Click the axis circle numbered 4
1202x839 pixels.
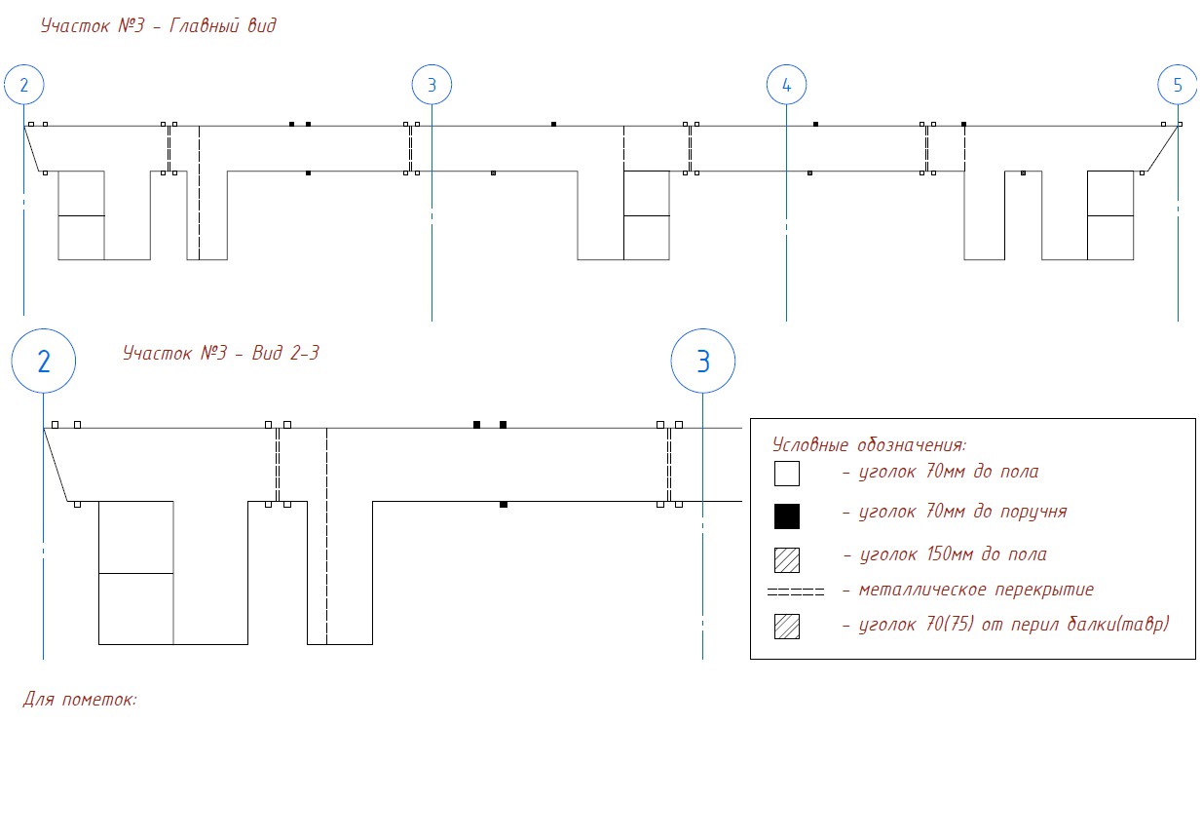pyautogui.click(x=786, y=66)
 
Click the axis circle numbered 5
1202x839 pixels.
pyautogui.click(x=1178, y=66)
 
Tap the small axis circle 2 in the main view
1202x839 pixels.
pyautogui.click(x=23, y=66)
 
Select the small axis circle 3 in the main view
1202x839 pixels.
pyautogui.click(x=432, y=66)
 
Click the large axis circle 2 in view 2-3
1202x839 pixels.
pyautogui.click(x=44, y=329)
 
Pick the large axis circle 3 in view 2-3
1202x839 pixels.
pyautogui.click(x=703, y=329)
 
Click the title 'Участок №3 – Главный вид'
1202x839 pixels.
pyautogui.click(x=159, y=25)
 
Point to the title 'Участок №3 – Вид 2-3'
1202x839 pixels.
pyautogui.click(x=221, y=353)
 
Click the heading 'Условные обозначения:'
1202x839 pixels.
pyautogui.click(x=869, y=444)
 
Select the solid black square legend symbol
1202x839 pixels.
pyautogui.click(x=787, y=516)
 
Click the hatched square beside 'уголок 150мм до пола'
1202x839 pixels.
pyautogui.click(x=787, y=560)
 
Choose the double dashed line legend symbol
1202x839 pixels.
pyautogui.click(x=795, y=591)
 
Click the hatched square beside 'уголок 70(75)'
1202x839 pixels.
pyautogui.click(x=787, y=627)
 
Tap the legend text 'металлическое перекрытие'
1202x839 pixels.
pyautogui.click(x=976, y=590)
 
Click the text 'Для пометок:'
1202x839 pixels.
pyautogui.click(x=80, y=699)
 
